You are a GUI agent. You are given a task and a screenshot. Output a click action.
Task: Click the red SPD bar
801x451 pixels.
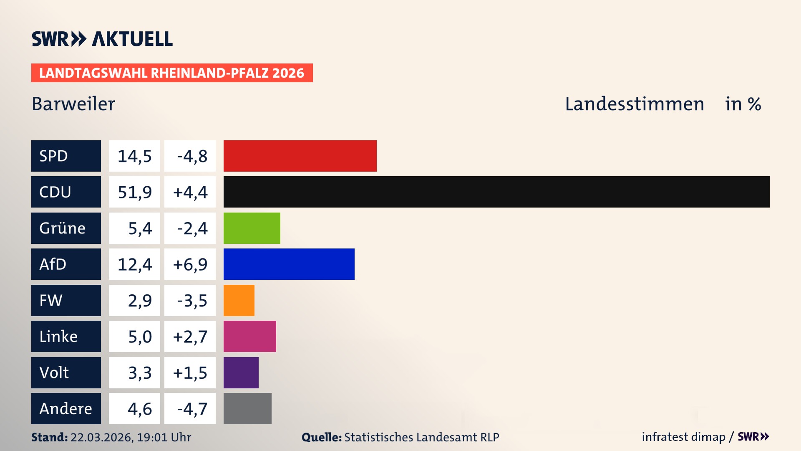[x=300, y=156]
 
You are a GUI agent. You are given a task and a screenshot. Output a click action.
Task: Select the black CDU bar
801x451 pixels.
[x=496, y=192]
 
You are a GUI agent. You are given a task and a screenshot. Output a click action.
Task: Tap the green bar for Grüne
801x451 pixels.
[x=252, y=228]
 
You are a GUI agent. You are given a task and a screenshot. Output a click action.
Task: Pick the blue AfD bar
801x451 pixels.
[x=289, y=264]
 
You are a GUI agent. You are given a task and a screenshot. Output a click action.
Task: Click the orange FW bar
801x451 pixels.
[x=239, y=300]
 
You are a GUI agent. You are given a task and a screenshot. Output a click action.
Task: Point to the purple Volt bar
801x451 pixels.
[x=241, y=372]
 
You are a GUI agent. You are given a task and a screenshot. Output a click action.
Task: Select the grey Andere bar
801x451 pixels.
[x=247, y=408]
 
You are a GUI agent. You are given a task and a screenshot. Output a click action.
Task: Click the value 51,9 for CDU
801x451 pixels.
[x=134, y=192]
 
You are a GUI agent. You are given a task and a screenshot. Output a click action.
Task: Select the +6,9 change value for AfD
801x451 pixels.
[x=190, y=264]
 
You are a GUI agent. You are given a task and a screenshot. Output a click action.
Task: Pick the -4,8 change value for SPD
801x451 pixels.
[x=192, y=156]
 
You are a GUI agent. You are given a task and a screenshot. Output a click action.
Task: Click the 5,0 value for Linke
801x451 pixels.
[x=139, y=337]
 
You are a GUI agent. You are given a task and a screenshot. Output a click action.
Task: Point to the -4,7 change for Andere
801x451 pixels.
[x=192, y=409]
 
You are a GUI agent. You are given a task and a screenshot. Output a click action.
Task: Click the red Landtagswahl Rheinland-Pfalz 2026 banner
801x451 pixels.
[x=172, y=73]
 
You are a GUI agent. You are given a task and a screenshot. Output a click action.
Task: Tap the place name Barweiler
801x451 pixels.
[x=73, y=104]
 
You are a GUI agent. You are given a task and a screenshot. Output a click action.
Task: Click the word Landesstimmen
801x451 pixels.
[x=634, y=104]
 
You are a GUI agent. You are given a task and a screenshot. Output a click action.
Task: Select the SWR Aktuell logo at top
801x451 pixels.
[x=102, y=39]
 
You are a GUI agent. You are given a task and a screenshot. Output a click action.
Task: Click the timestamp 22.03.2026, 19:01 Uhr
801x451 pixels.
[x=131, y=437]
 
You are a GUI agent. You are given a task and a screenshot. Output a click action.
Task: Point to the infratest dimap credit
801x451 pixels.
[x=683, y=437]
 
